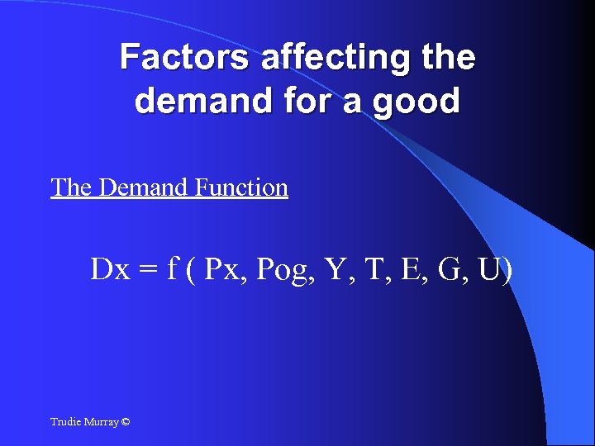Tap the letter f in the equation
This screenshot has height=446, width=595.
click(172, 268)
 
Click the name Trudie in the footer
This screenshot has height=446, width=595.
click(65, 422)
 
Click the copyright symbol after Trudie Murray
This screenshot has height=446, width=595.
click(125, 422)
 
